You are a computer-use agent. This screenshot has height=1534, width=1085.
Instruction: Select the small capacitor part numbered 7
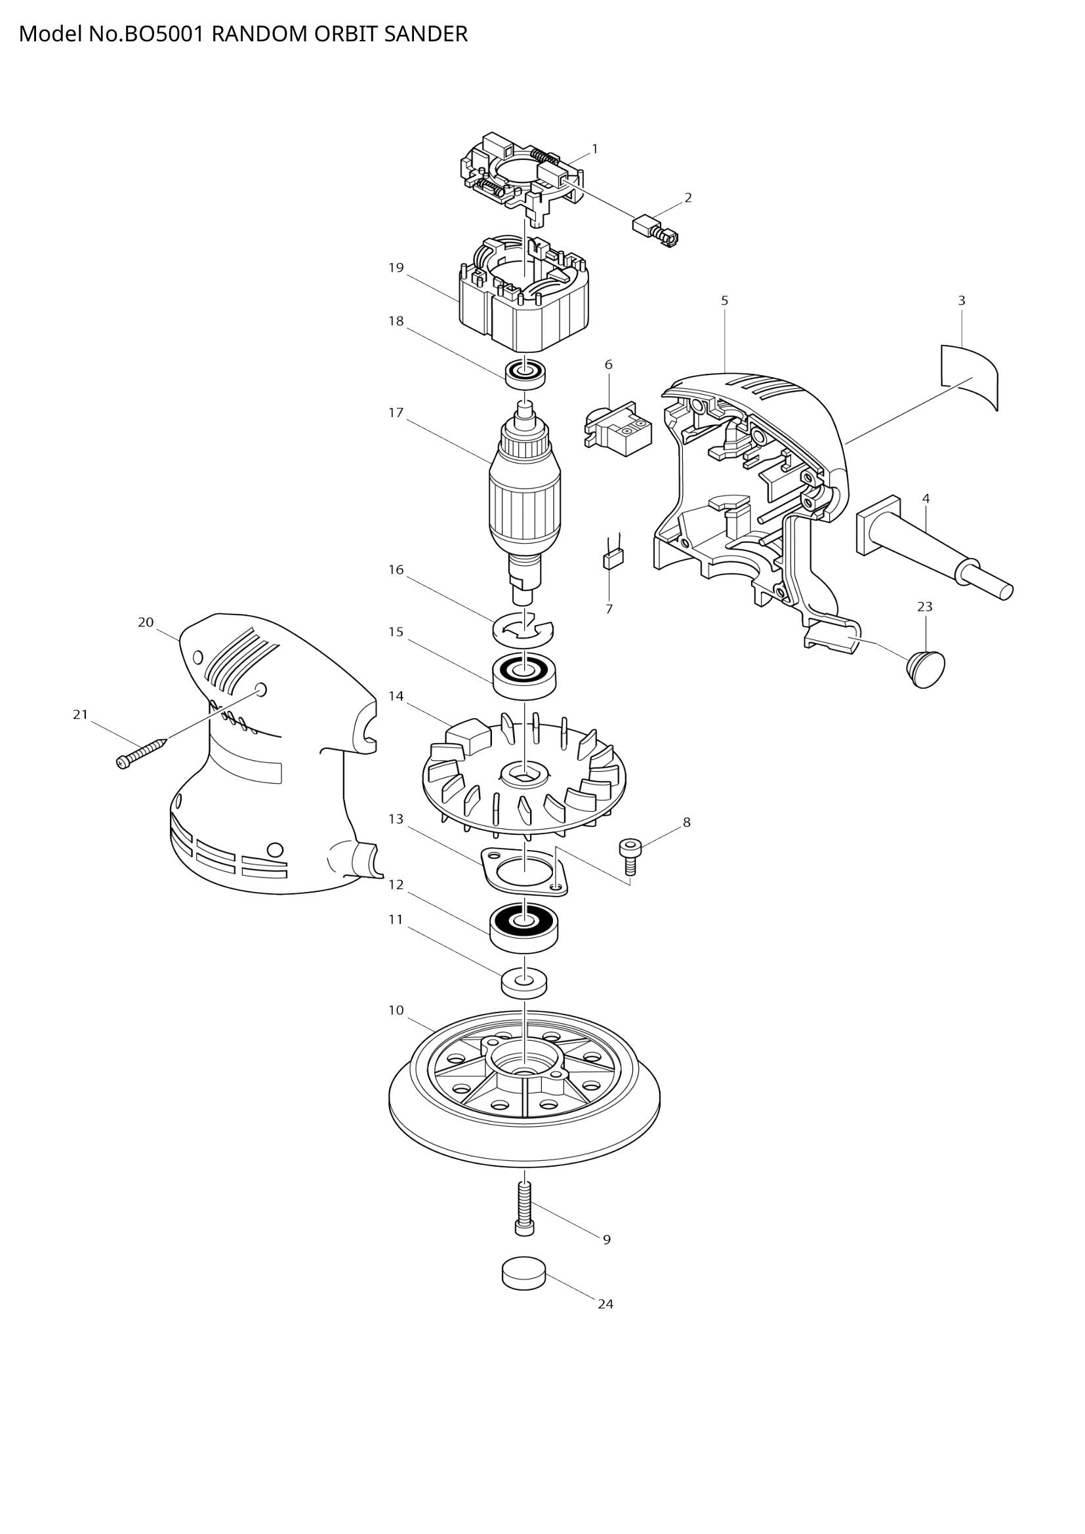tap(613, 559)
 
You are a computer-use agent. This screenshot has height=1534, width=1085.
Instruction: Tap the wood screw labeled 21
tap(142, 753)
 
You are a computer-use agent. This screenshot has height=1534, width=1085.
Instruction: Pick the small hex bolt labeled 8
tap(628, 856)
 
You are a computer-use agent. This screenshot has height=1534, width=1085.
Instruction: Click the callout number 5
tap(725, 300)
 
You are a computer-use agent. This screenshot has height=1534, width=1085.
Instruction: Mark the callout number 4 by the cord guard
tap(926, 498)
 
